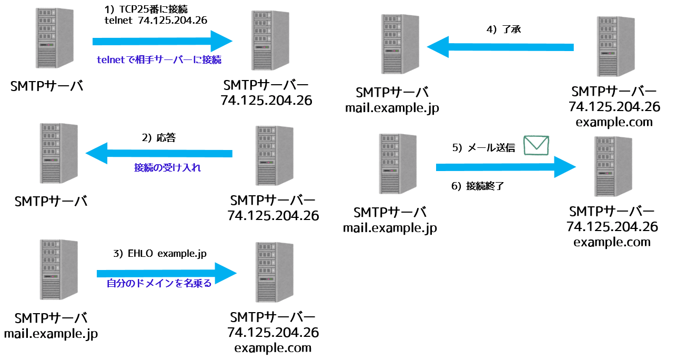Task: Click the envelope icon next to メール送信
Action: pyautogui.click(x=537, y=146)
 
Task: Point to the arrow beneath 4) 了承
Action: pyautogui.click(x=500, y=47)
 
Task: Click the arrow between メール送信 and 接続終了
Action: pyautogui.click(x=506, y=167)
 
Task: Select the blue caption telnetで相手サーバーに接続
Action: pyautogui.click(x=159, y=60)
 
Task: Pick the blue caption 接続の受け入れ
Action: pyautogui.click(x=167, y=168)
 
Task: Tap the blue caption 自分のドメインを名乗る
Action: pyautogui.click(x=159, y=284)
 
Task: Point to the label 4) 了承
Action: pyautogui.click(x=503, y=30)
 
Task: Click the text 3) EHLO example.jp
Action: pyautogui.click(x=159, y=254)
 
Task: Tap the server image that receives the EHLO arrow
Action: pyautogui.click(x=274, y=273)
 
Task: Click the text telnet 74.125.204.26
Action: pyautogui.click(x=156, y=21)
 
